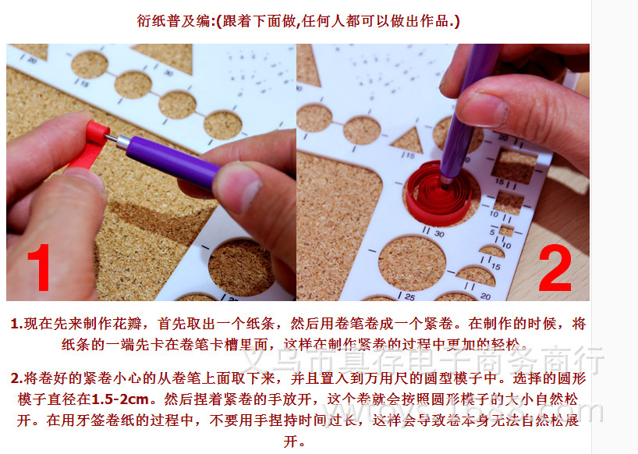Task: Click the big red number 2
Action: point(555,269)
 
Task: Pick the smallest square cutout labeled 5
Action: point(506,231)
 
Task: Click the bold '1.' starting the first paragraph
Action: point(17,323)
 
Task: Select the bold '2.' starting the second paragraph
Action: point(17,379)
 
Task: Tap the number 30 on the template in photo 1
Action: point(167,73)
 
